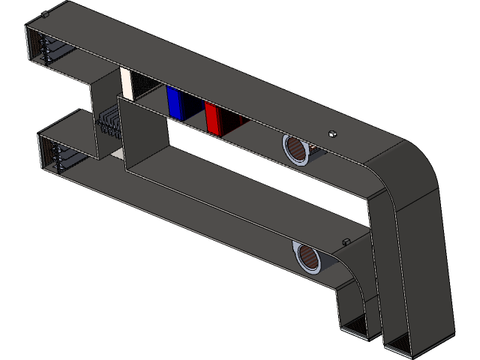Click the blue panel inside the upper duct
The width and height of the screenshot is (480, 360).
(x=177, y=103)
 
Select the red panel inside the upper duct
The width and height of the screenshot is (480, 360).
(x=213, y=118)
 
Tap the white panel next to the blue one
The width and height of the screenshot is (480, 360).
(x=127, y=83)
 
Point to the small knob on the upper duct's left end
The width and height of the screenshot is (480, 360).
(x=46, y=13)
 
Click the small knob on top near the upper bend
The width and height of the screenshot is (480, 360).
(x=332, y=134)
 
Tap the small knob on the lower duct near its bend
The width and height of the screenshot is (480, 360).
(x=346, y=241)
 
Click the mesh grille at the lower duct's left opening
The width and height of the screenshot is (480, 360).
(x=47, y=155)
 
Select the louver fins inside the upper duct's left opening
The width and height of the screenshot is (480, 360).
(x=52, y=51)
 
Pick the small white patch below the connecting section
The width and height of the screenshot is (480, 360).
(x=117, y=153)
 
